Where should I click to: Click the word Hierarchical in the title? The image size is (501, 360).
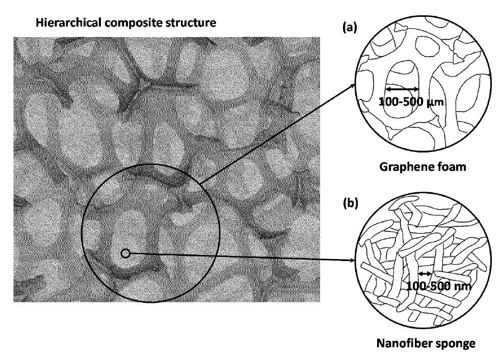click(60, 23)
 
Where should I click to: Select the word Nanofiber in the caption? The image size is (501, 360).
click(402, 343)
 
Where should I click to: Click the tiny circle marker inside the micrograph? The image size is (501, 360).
click(125, 252)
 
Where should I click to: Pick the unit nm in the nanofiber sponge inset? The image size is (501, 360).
click(462, 286)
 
